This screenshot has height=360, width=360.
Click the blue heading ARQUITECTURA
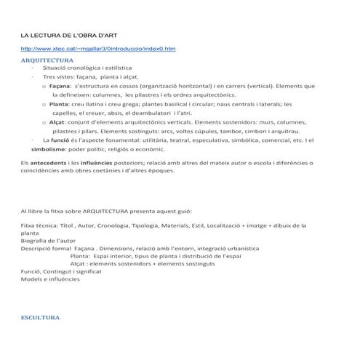pos(47,60)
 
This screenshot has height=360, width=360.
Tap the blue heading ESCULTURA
pos(42,318)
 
